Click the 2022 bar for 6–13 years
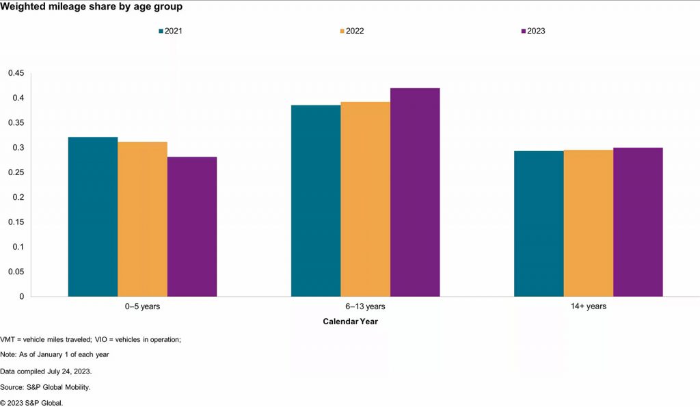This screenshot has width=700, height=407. [x=366, y=199]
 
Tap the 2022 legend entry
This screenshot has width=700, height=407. [x=353, y=31]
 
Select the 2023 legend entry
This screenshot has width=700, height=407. [x=533, y=31]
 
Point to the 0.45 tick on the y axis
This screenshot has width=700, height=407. [x=15, y=73]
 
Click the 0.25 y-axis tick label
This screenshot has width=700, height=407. [x=15, y=172]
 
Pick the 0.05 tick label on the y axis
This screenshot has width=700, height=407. [x=15, y=272]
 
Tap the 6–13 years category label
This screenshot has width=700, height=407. [x=365, y=306]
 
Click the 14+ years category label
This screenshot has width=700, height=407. [x=588, y=306]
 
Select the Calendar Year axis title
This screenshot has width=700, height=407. [x=350, y=321]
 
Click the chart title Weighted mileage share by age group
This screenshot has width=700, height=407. [x=91, y=7]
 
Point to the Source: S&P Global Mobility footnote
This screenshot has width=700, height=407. [x=45, y=387]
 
